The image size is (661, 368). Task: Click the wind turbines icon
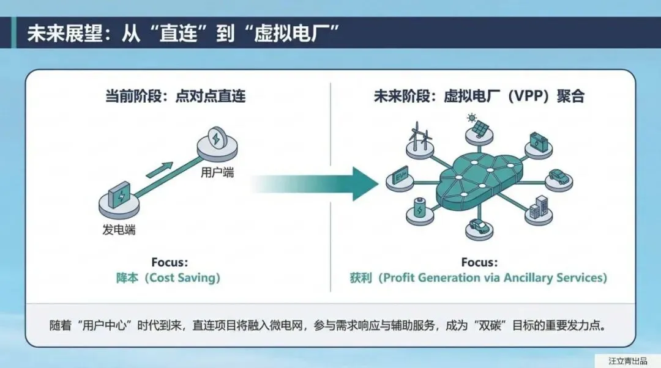(x=419, y=138)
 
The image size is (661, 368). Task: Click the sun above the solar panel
(x=471, y=117)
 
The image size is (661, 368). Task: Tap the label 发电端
(x=119, y=230)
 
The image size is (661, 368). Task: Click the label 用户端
(x=217, y=173)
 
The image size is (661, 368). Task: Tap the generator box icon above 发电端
(x=119, y=197)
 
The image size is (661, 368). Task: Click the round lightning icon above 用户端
(x=217, y=139)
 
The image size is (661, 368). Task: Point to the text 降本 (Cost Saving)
(x=168, y=278)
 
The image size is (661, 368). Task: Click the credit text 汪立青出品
(x=627, y=361)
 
